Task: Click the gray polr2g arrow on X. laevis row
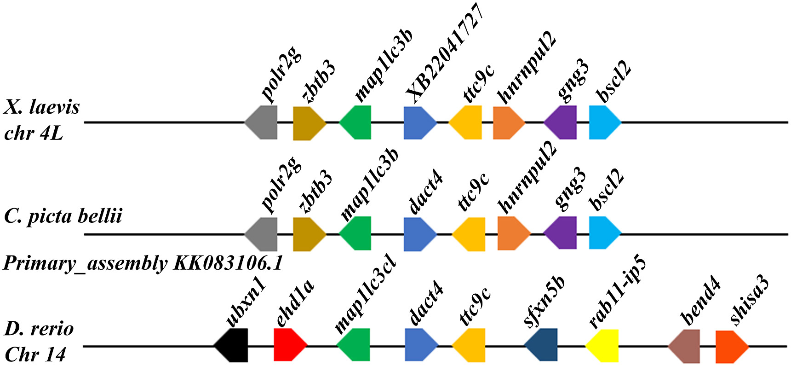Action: [x=262, y=122]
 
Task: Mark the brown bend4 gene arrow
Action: [x=685, y=346]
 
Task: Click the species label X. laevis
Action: [x=41, y=107]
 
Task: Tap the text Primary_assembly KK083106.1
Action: [x=143, y=263]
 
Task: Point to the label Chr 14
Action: [x=35, y=354]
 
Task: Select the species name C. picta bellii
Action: [x=63, y=215]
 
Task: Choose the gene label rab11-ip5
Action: [x=617, y=293]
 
